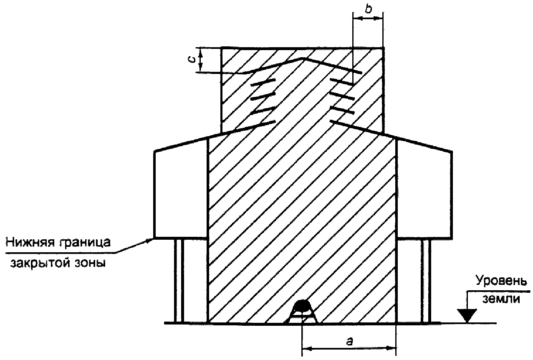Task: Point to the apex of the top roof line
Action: [304, 58]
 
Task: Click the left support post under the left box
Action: [179, 280]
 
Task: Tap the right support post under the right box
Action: [425, 280]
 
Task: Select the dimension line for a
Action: [348, 347]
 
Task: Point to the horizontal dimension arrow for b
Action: [368, 18]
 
